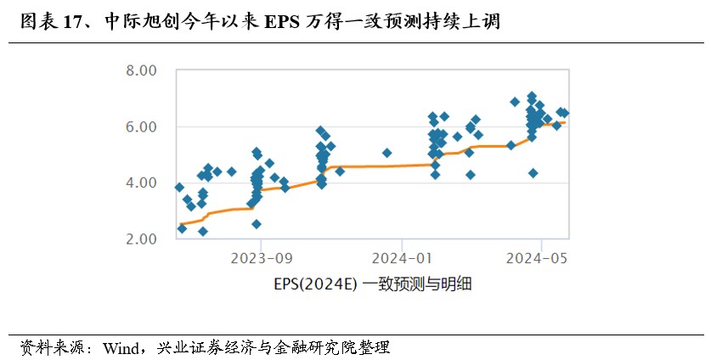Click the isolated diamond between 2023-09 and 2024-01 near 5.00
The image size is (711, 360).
(x=387, y=154)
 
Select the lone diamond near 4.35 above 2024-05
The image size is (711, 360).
(x=533, y=173)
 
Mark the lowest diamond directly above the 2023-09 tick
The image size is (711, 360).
(x=257, y=224)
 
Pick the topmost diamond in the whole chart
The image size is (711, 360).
(x=532, y=97)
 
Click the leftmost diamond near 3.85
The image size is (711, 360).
(x=179, y=188)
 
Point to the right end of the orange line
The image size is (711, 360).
(x=565, y=122)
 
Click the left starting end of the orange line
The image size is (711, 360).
(x=180, y=226)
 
